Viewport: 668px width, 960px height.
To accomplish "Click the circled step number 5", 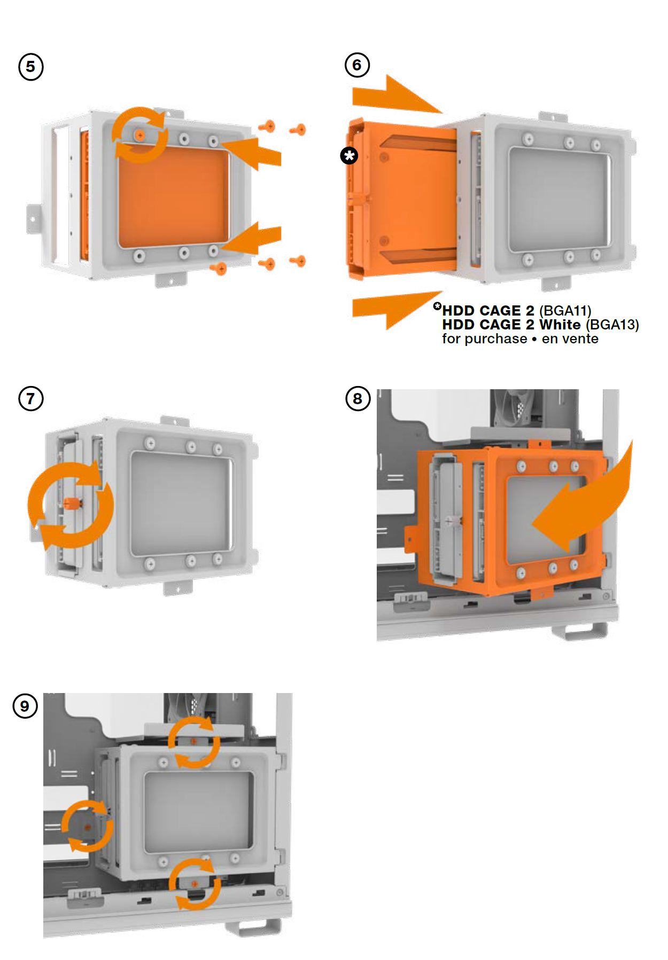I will [x=30, y=67].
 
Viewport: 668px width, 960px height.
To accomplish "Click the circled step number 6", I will [x=357, y=65].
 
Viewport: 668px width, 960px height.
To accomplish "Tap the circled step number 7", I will [x=30, y=398].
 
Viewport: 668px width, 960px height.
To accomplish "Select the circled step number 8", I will [x=357, y=398].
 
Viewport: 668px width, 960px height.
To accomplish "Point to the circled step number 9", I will [x=25, y=706].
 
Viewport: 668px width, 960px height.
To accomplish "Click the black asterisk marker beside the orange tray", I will [x=349, y=156].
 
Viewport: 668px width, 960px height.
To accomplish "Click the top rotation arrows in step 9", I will [x=194, y=742].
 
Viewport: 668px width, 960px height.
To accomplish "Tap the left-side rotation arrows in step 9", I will [x=87, y=826].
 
